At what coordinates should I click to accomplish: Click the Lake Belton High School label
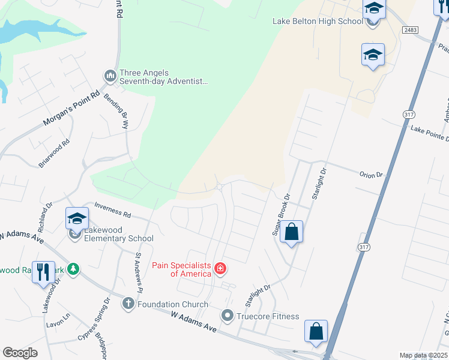(x=318, y=22)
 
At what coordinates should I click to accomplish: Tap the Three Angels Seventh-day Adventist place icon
(x=109, y=76)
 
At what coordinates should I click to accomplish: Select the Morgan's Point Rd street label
(x=71, y=110)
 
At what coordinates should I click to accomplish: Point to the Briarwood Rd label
(x=55, y=149)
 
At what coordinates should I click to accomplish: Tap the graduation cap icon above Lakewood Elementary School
(x=77, y=219)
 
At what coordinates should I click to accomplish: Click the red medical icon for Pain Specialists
(x=220, y=268)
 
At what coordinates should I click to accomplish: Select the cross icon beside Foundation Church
(x=128, y=304)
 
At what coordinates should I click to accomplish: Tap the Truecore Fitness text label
(x=267, y=316)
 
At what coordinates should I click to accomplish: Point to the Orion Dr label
(x=370, y=175)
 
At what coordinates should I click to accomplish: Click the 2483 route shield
(x=411, y=29)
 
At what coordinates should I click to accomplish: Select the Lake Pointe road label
(x=429, y=133)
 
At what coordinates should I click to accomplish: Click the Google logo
(x=20, y=353)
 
